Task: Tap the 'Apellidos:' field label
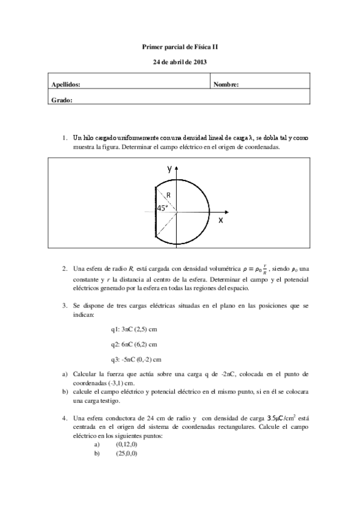pyautogui.click(x=66, y=85)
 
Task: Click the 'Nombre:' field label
pyautogui.click(x=226, y=85)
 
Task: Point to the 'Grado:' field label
pyautogui.click(x=63, y=100)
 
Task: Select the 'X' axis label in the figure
pyautogui.click(x=221, y=221)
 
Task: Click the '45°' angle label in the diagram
pyautogui.click(x=162, y=208)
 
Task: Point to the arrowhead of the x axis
pyautogui.click(x=227, y=212)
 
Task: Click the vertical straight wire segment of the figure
pyautogui.click(x=156, y=212)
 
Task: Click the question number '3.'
pyautogui.click(x=66, y=306)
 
